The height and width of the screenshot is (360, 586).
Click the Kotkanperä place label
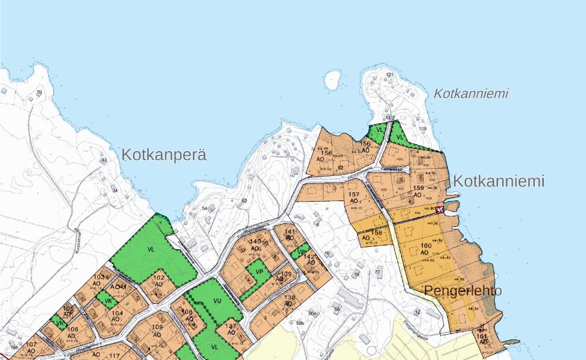[x=164, y=155]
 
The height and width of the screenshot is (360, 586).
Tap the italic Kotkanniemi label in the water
[x=471, y=93]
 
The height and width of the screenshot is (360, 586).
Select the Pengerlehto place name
[x=463, y=291]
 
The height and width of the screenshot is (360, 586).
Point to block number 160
[x=425, y=246]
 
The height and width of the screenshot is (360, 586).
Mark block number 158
[x=377, y=233]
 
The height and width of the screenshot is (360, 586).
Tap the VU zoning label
[x=217, y=301]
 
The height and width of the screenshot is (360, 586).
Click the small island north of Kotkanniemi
[x=333, y=79]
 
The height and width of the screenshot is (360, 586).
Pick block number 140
[x=254, y=242]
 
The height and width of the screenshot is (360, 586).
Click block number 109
[x=157, y=327]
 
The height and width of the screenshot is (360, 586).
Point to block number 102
[x=158, y=278]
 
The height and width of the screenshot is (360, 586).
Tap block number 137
[x=231, y=326]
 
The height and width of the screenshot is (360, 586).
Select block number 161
[x=482, y=337]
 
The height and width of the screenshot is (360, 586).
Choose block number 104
[x=117, y=313]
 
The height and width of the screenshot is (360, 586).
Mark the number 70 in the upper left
[x=39, y=93]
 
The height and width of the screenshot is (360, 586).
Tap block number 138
[x=289, y=298]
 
